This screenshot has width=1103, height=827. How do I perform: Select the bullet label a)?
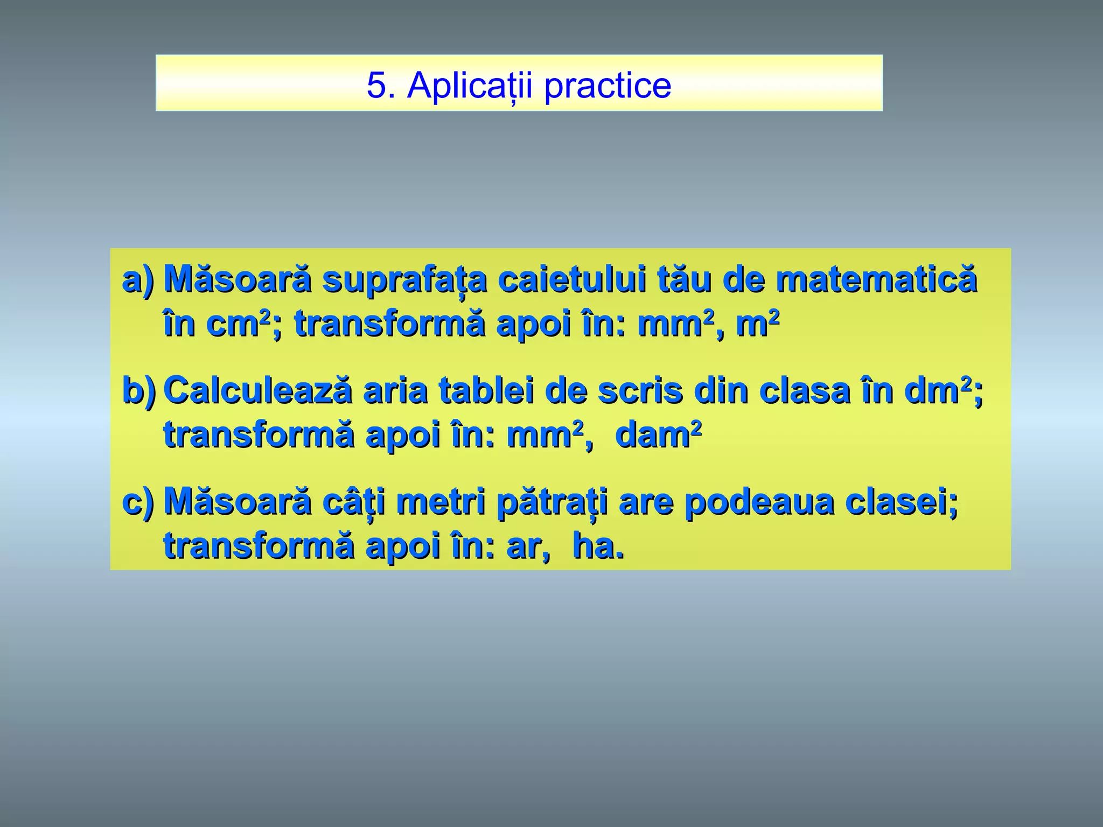138,280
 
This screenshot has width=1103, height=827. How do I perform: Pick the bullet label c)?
138,502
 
